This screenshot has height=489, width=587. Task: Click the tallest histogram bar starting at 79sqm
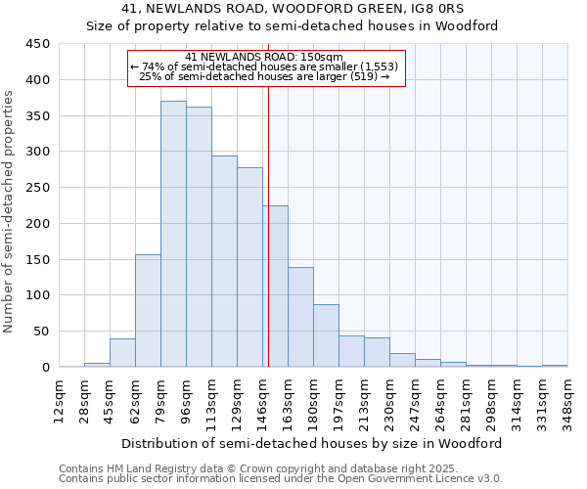[x=173, y=235]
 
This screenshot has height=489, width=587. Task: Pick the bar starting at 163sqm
[x=300, y=317]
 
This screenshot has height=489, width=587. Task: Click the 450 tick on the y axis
[x=38, y=44]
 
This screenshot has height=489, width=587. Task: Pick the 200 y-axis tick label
[x=38, y=223]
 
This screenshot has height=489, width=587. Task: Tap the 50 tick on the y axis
[x=42, y=331]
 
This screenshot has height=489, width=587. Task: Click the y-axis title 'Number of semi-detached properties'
[x=10, y=210]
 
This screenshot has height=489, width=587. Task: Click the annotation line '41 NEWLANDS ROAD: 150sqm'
[x=264, y=57]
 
